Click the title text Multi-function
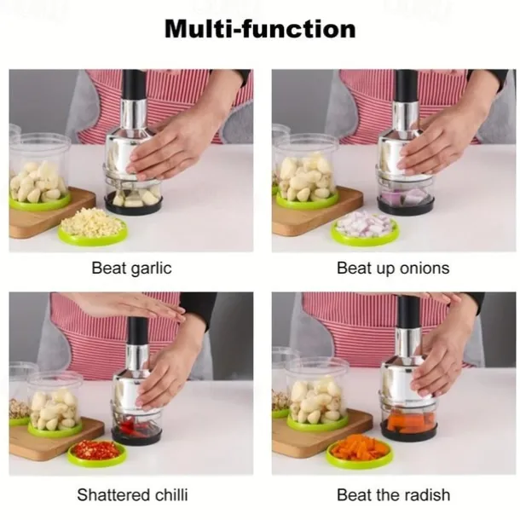pyautogui.click(x=260, y=29)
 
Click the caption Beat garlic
pyautogui.click(x=131, y=268)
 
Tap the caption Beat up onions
pyautogui.click(x=393, y=268)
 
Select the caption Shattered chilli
pyautogui.click(x=132, y=494)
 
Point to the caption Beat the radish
pyautogui.click(x=393, y=494)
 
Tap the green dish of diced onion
pyautogui.click(x=365, y=228)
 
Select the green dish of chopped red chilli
pyautogui.click(x=97, y=453)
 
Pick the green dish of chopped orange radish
pyautogui.click(x=359, y=450)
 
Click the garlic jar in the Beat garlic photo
pyautogui.click(x=40, y=172)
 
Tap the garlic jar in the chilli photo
pyautogui.click(x=55, y=403)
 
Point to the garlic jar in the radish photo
pyautogui.click(x=317, y=395)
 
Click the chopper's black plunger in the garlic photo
pyautogui.click(x=134, y=84)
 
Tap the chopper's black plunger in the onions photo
pyautogui.click(x=407, y=85)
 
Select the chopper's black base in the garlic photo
pyautogui.click(x=133, y=205)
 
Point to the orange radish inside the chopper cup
pyautogui.click(x=407, y=423)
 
